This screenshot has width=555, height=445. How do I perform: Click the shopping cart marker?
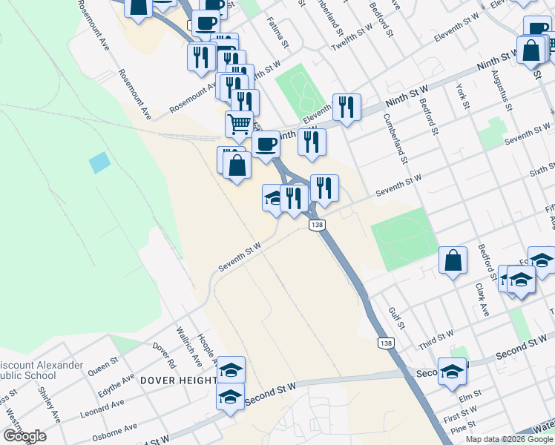point(239,125)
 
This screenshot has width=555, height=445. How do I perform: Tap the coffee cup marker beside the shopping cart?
point(266,145)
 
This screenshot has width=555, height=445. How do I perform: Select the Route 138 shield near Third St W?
point(386,343)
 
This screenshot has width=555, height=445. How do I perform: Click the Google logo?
point(24,436)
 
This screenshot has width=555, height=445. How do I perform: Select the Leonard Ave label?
point(103,406)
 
